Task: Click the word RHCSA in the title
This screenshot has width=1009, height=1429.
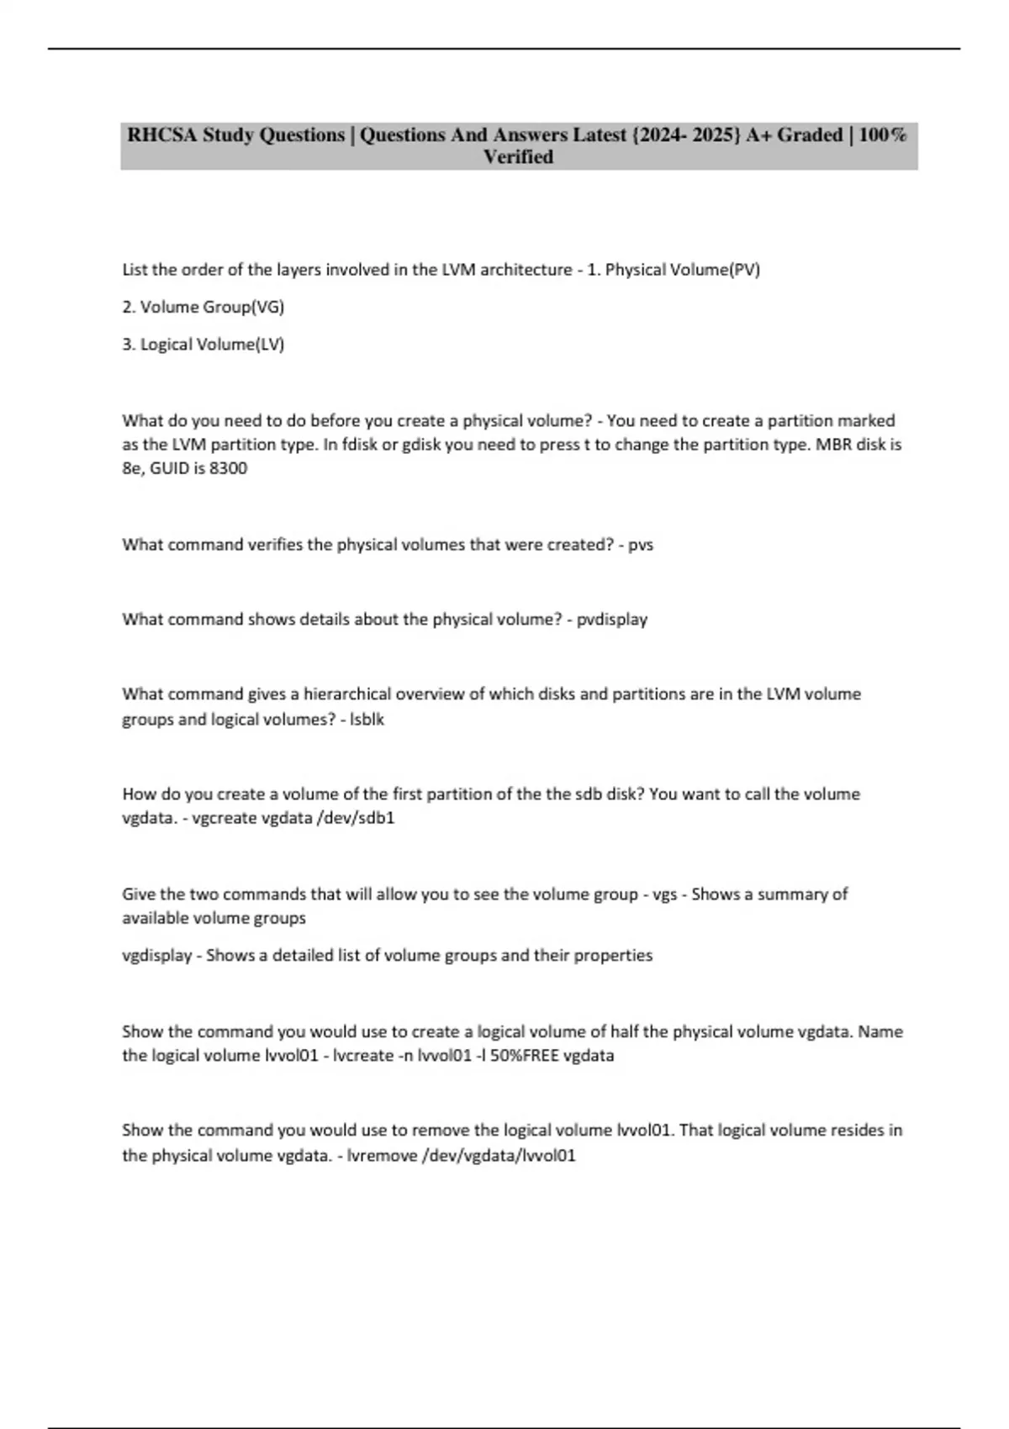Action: [161, 135]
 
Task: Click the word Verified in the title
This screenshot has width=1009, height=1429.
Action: [518, 157]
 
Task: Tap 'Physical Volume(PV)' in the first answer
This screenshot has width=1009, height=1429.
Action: [682, 270]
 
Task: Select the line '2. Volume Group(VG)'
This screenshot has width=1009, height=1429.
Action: [203, 307]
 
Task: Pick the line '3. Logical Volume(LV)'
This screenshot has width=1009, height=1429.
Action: [203, 344]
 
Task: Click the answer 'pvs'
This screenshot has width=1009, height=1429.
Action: [641, 545]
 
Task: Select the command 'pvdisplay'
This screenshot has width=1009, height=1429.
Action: [612, 620]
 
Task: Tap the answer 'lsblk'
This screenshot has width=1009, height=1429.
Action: [367, 720]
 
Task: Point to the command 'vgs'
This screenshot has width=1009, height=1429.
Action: [665, 894]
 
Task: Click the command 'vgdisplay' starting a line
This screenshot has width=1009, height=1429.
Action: [156, 956]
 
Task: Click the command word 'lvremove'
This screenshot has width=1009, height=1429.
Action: [382, 1156]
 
